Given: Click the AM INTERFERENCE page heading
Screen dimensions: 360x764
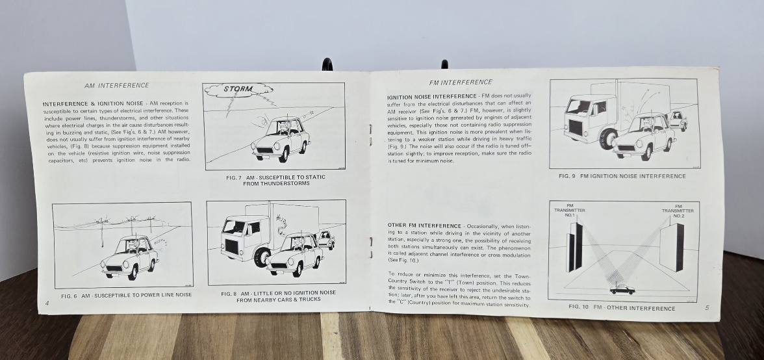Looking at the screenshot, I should [117, 86].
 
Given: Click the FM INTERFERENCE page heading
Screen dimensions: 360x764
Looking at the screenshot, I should [461, 83].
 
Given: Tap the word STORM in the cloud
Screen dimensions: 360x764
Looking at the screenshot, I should [238, 89].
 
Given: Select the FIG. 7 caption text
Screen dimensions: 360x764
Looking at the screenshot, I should [275, 180].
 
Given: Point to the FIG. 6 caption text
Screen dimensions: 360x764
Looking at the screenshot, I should [127, 296].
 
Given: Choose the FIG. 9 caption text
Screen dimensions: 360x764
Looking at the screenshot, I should [622, 176].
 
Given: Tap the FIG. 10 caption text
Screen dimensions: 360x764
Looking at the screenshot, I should [622, 308].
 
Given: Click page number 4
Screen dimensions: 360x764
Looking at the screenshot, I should [47, 303].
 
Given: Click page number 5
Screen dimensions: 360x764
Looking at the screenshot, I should [707, 308].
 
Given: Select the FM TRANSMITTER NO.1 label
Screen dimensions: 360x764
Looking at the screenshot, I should [569, 211].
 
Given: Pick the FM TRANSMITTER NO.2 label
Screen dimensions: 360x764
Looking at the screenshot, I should [678, 211].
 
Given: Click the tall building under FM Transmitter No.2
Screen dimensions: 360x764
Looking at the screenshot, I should [672, 247].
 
